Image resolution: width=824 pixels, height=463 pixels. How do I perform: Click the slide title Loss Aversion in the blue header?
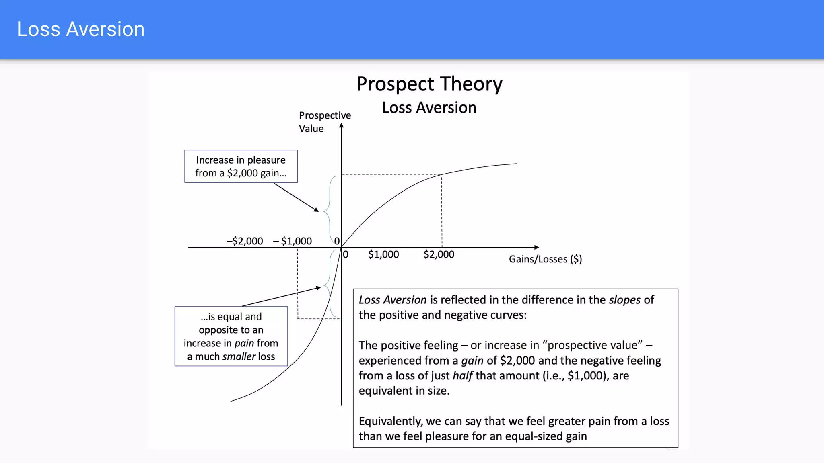click(80, 29)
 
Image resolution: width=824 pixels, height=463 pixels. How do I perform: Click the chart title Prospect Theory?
click(429, 84)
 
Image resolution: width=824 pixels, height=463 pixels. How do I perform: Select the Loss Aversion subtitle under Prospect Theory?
click(429, 108)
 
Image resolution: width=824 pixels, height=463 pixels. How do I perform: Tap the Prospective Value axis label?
click(324, 122)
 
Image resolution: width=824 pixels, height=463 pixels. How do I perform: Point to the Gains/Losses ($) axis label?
click(545, 259)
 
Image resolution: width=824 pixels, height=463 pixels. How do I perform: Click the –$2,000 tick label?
click(245, 241)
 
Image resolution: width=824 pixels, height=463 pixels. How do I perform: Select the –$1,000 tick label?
click(293, 241)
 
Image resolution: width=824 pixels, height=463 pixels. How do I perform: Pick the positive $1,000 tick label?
click(383, 254)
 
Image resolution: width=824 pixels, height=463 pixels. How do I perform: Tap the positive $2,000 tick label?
click(439, 254)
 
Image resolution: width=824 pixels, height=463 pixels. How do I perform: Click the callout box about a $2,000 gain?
click(241, 166)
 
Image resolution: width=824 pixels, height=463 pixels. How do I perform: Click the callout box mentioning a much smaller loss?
click(231, 336)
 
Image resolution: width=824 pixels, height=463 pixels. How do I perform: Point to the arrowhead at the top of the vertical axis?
click(341, 126)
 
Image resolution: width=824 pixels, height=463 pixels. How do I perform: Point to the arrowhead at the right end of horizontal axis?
click(536, 247)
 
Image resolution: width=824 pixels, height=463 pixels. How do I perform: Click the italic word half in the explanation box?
click(462, 376)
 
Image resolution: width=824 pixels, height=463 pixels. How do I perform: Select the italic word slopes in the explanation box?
click(624, 300)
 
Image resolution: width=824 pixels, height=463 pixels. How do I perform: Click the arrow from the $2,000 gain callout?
click(296, 197)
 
